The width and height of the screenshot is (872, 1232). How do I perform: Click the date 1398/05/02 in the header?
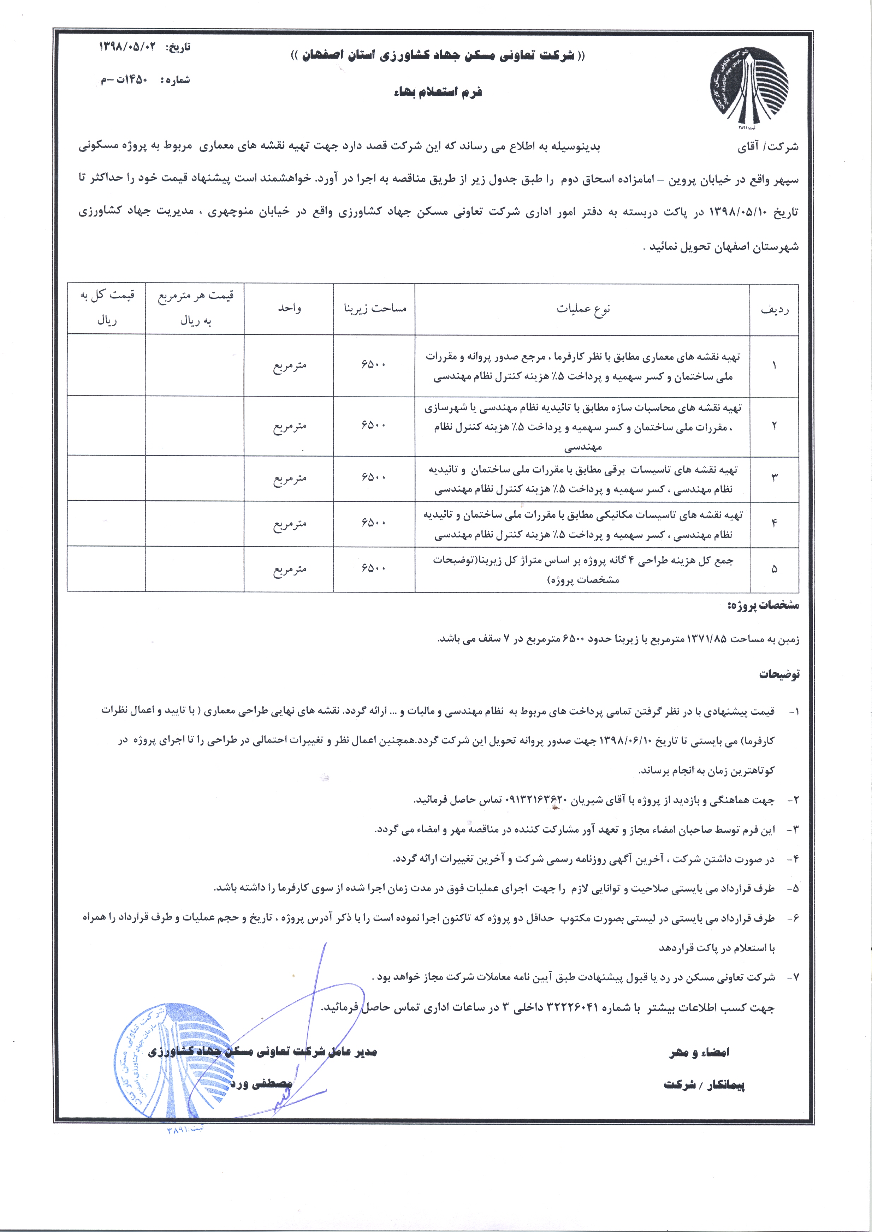pos(130,47)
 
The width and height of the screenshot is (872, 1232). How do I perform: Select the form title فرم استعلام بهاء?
pos(437,92)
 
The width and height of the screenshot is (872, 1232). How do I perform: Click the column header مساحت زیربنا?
pos(375,309)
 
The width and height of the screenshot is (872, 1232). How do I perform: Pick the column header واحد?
pos(289,309)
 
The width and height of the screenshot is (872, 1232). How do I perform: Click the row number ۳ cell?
pos(774,477)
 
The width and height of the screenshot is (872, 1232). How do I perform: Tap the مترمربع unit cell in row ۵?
pos(289,569)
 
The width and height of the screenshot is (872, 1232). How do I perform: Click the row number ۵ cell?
pos(774,569)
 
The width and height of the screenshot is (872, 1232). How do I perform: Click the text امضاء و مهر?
pos(699,1052)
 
